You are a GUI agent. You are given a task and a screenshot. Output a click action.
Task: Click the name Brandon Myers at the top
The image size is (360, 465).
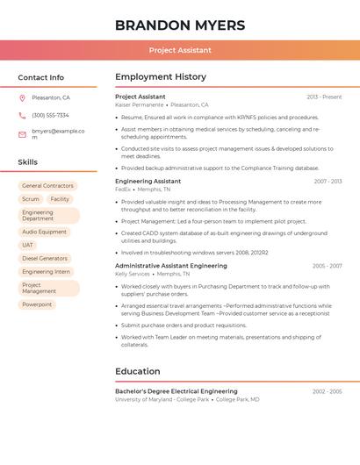click(x=179, y=25)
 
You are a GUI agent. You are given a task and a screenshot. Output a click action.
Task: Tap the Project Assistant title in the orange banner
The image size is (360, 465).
click(x=179, y=51)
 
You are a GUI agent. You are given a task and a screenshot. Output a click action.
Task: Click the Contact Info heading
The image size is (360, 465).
click(x=40, y=77)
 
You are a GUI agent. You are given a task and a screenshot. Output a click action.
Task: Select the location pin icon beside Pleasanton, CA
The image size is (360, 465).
click(x=22, y=98)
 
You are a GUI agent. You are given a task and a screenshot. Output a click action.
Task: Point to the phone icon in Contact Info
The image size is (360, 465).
click(x=22, y=115)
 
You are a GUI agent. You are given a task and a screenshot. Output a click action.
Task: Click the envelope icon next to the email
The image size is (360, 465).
click(x=22, y=134)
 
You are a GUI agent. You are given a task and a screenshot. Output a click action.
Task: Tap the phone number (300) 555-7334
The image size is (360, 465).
click(x=50, y=115)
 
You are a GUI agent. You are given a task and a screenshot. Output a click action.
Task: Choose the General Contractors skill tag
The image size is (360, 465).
click(x=47, y=186)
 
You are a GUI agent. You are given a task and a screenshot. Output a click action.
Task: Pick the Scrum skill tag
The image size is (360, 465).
click(x=31, y=199)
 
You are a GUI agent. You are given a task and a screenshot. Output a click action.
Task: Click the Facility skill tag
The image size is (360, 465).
click(x=60, y=199)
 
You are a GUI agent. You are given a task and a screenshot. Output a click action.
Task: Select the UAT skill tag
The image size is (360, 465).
click(x=27, y=245)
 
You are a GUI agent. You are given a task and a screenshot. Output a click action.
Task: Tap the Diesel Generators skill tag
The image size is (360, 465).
click(x=45, y=259)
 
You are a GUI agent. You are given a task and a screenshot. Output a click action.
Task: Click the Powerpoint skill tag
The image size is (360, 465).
click(x=37, y=304)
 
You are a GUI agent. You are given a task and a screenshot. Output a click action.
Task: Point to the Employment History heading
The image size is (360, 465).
click(x=161, y=77)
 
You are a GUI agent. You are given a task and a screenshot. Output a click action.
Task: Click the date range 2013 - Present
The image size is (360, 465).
click(x=324, y=97)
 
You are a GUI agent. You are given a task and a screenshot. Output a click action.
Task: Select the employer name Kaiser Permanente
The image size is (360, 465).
click(x=139, y=104)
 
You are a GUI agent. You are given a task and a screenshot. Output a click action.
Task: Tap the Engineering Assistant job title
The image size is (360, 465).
click(x=148, y=182)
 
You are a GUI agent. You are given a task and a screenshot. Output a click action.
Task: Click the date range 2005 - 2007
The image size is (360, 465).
click(x=327, y=266)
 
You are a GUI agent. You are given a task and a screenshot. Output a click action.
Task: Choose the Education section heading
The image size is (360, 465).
click(x=137, y=371)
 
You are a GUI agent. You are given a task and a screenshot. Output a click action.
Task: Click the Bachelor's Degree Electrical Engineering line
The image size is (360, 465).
click(x=176, y=391)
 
